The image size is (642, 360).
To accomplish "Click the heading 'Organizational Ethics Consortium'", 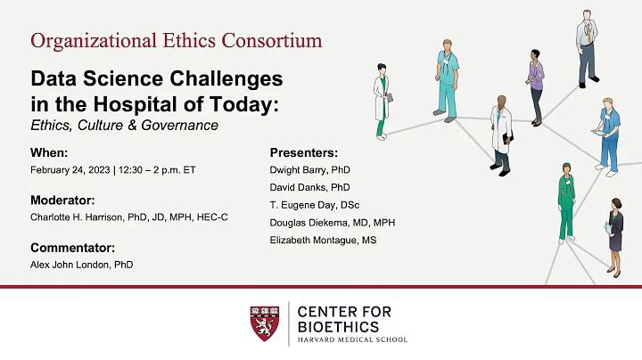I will [x=176, y=40].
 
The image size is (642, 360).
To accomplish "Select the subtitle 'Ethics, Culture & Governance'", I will [x=124, y=125].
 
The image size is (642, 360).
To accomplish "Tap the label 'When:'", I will [x=49, y=153].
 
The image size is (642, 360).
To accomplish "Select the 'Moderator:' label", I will [x=62, y=200].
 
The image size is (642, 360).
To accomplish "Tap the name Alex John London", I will [x=81, y=265].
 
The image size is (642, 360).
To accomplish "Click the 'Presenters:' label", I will [x=304, y=153].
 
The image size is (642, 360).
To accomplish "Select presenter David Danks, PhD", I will [x=309, y=188].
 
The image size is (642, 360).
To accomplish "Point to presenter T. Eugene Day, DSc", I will [x=315, y=205].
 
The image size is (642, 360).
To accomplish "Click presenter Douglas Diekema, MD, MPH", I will [x=332, y=223].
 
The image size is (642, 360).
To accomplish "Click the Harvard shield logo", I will [x=263, y=323].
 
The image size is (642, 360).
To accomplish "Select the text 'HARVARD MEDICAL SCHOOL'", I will [x=351, y=340].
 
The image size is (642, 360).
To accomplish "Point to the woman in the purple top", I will [x=536, y=86].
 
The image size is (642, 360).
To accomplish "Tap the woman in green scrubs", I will [x=565, y=200].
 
